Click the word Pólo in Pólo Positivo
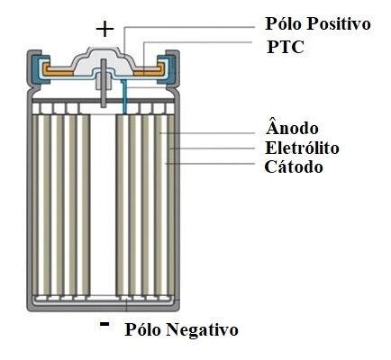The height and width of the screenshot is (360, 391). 284,23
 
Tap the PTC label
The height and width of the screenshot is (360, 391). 286,47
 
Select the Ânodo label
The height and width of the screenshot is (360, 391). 292,127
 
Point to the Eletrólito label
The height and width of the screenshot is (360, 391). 302,148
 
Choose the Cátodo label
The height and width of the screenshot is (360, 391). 294,166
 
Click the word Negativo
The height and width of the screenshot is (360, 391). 202,329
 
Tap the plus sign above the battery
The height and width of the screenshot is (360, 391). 105,30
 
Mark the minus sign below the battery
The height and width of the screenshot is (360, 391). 105,324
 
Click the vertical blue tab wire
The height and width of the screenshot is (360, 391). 124,96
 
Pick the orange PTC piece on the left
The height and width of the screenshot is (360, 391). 58,70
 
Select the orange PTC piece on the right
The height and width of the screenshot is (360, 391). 150,71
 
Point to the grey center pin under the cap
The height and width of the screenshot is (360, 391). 104,83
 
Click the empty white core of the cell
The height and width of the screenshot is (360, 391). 103,204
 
